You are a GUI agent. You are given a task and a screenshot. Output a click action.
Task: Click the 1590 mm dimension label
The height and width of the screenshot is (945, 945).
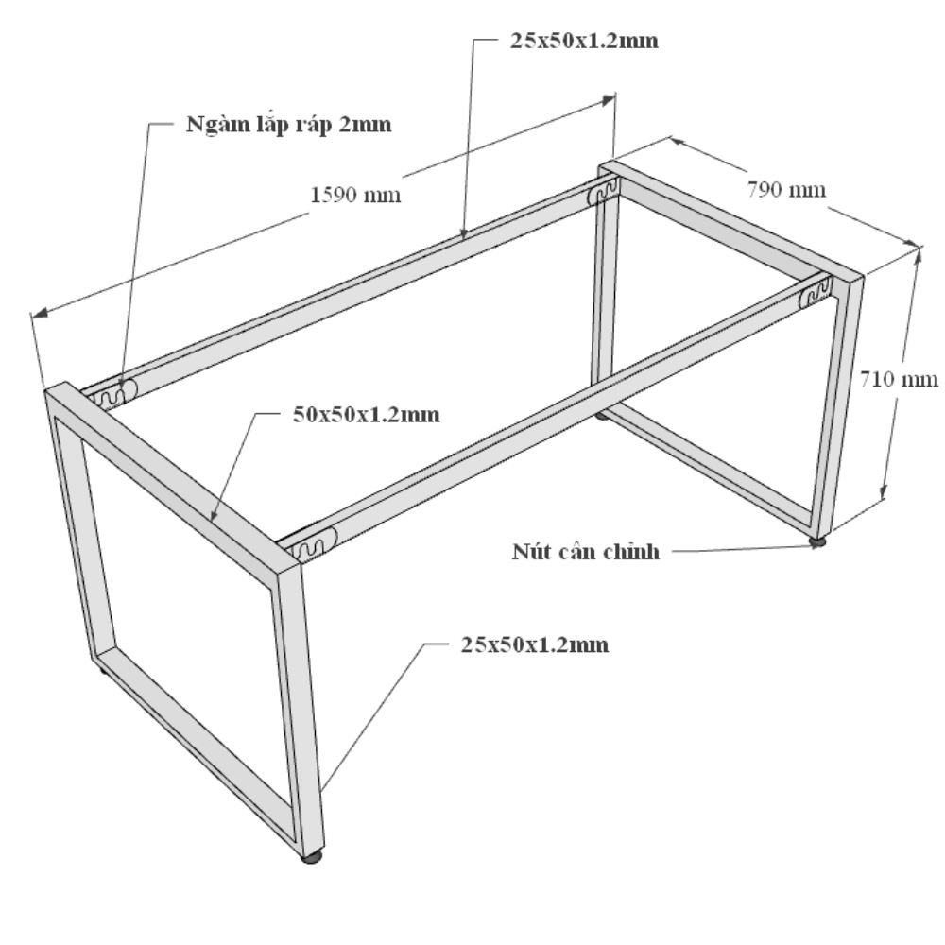355,195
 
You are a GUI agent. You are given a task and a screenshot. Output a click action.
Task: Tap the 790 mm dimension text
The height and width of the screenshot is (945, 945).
786,190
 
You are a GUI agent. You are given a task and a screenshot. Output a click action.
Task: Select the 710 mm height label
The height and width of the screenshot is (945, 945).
899,379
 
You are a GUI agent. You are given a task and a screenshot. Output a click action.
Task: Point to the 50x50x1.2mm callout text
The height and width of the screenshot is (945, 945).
367,415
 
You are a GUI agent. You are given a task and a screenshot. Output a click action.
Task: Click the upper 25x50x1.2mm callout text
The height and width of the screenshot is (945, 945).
584,41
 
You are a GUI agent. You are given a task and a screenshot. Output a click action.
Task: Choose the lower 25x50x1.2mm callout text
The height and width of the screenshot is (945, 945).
535,644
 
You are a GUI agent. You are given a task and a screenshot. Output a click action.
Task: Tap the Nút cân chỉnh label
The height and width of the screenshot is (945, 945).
586,552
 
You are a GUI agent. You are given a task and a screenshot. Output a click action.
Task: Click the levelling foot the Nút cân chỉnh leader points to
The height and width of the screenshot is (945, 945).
817,542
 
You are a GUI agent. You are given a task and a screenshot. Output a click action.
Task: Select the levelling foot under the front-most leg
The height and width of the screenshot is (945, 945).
312,856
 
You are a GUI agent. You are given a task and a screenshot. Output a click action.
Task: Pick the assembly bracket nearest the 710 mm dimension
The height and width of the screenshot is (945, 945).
815,294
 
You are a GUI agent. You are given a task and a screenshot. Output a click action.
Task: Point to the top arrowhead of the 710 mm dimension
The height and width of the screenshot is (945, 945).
917,257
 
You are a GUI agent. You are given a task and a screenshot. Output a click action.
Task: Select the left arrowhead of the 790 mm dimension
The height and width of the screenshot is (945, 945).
678,143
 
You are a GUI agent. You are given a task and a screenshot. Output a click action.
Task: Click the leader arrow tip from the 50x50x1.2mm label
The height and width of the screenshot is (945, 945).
212,519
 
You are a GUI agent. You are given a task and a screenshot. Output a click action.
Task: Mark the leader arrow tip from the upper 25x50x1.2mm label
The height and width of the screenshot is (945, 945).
463,236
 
